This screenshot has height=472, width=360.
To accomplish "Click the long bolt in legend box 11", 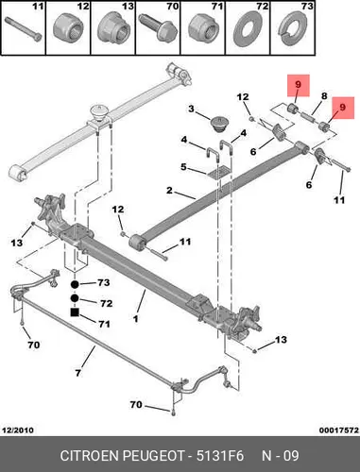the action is pyautogui.click(x=24, y=29).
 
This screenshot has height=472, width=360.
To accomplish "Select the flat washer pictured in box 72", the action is pyautogui.click(x=249, y=29).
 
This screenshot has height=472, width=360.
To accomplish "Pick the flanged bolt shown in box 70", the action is pyautogui.click(x=158, y=29).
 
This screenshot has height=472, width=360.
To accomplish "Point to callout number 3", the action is pyautogui.click(x=192, y=110).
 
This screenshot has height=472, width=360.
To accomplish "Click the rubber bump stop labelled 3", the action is pyautogui.click(x=220, y=125).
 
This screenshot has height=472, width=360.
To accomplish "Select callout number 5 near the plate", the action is pyautogui.click(x=183, y=167).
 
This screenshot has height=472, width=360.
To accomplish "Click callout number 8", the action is pyautogui.click(x=324, y=96).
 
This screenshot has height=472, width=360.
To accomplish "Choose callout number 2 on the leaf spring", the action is pyautogui.click(x=169, y=191).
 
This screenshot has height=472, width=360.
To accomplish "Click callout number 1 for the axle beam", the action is pyautogui.click(x=135, y=319).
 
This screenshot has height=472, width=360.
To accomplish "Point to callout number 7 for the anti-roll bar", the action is pyautogui.click(x=78, y=373).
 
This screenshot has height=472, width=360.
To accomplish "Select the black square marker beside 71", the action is pyautogui.click(x=75, y=312).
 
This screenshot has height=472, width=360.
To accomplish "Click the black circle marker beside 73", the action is pyautogui.click(x=75, y=285).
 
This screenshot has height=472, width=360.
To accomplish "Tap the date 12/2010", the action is pyautogui.click(x=18, y=430).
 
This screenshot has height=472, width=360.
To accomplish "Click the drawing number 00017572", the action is pyautogui.click(x=339, y=430).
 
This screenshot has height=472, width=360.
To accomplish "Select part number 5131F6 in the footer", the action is pyautogui.click(x=220, y=456).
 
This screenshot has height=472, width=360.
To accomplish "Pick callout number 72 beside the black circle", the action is pyautogui.click(x=106, y=303).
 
